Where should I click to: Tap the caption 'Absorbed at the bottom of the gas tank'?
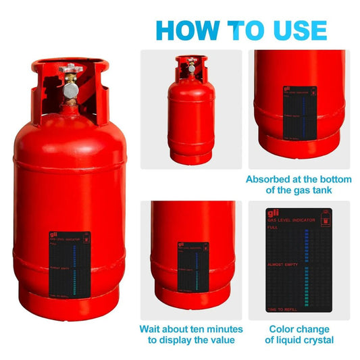298,185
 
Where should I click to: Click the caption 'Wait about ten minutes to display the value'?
191,334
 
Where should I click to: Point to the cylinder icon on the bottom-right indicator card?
328,221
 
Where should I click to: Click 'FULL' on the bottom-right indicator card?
272,228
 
